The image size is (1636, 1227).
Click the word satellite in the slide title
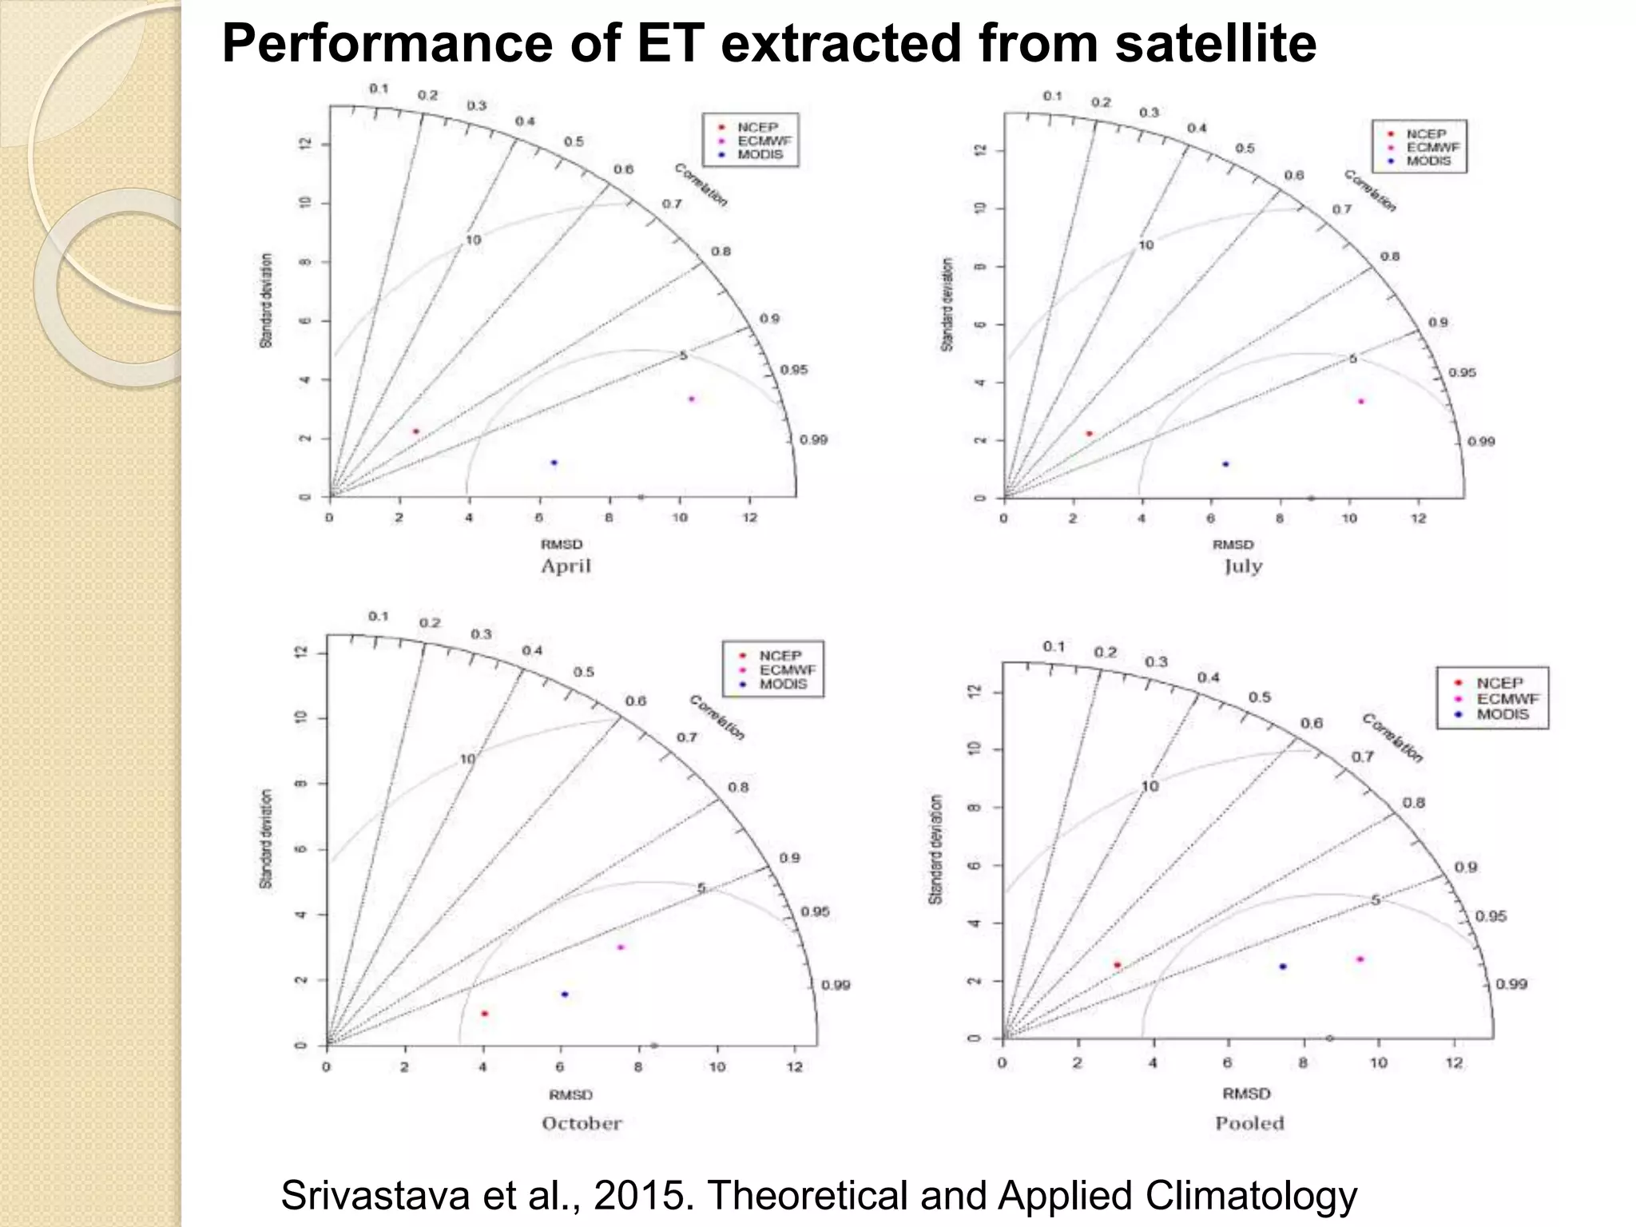tap(1215, 44)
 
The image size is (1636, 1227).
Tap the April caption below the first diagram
tap(566, 566)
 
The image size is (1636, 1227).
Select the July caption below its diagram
tap(1243, 566)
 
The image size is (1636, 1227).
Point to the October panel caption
tap(582, 1123)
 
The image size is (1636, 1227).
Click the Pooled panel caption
tap(1249, 1123)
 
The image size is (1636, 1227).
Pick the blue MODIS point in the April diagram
tap(554, 463)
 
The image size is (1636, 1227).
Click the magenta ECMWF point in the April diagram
tap(692, 399)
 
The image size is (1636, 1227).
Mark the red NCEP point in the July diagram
tap(1089, 434)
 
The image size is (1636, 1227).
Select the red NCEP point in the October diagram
tap(484, 1014)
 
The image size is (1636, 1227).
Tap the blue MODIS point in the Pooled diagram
tap(1283, 967)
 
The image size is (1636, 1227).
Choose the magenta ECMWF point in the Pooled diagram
tap(1360, 959)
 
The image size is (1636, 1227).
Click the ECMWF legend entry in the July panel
tap(1432, 148)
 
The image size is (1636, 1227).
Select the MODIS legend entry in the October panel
tap(782, 685)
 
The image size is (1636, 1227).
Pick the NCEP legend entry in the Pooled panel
tap(1499, 683)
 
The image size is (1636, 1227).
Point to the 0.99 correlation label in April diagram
tap(813, 440)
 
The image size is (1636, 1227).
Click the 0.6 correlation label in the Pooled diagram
tap(1312, 723)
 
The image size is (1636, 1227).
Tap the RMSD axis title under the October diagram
tap(570, 1094)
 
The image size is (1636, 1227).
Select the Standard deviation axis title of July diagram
tap(947, 304)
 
